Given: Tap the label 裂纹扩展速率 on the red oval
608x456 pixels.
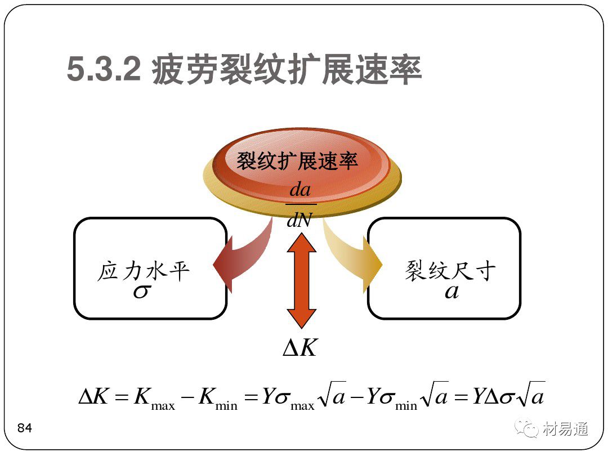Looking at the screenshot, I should (297, 162).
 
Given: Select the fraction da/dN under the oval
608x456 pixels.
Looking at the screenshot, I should (299, 204).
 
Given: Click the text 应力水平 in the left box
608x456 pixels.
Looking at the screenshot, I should (144, 271).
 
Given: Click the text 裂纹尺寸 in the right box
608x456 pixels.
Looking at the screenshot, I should (450, 271).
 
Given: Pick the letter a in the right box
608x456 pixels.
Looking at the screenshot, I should (451, 292).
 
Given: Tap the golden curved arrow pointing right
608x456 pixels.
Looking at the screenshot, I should (355, 259).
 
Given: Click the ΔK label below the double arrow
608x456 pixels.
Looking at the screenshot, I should (300, 348).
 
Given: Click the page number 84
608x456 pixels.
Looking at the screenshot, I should (25, 428).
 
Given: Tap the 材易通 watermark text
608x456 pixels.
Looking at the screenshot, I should (566, 429).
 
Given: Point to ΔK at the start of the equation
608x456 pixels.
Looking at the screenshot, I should (93, 397).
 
